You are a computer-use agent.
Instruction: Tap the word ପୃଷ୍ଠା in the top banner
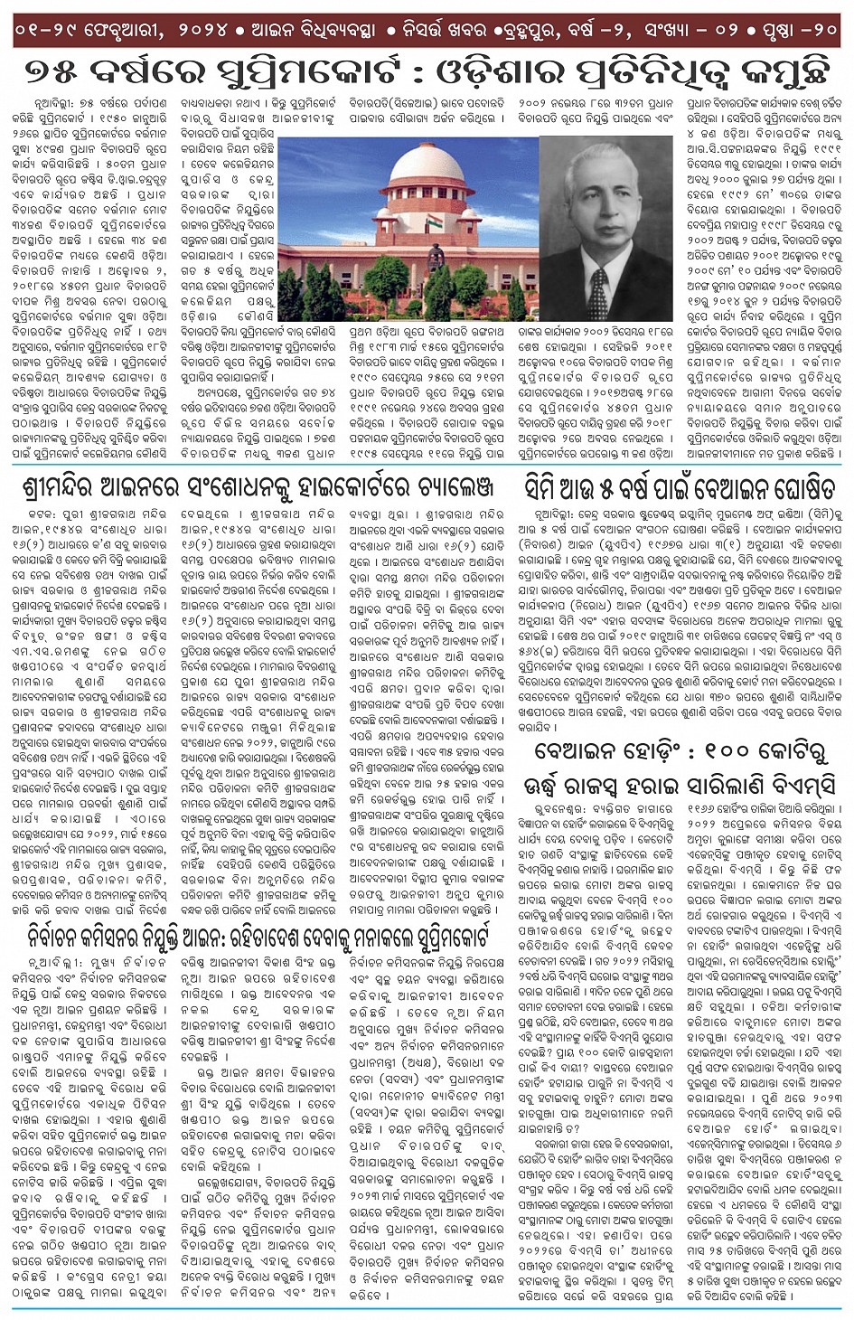[761, 29]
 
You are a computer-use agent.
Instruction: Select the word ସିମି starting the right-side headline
[547, 489]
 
